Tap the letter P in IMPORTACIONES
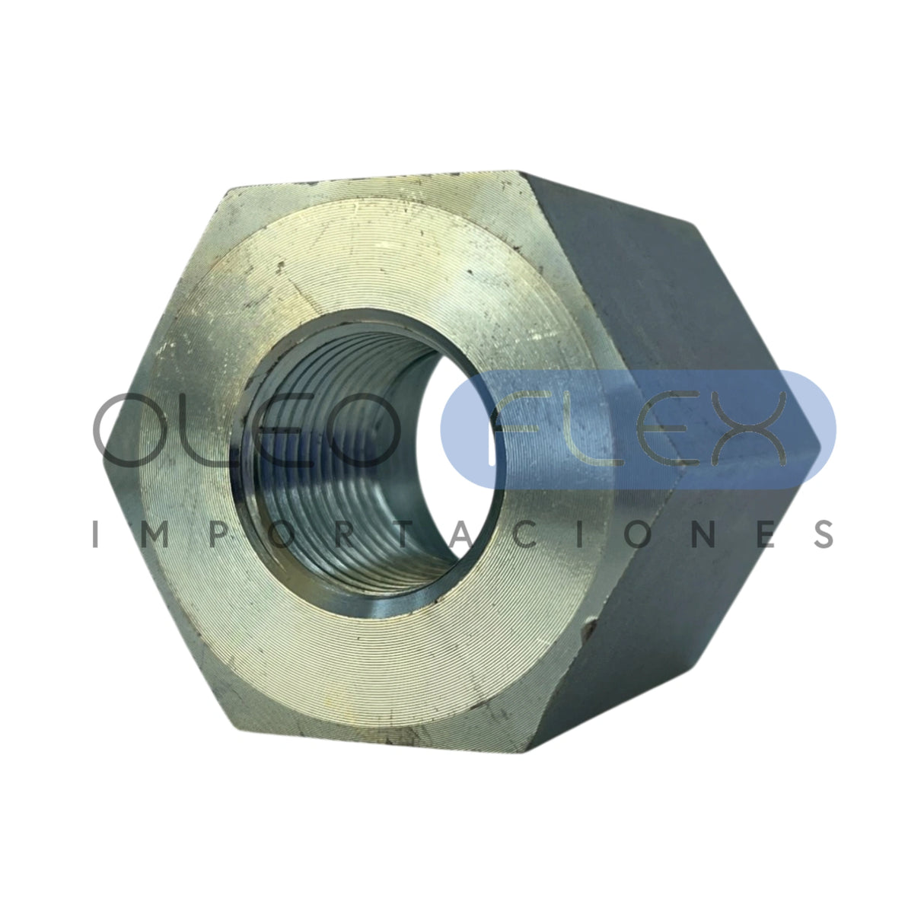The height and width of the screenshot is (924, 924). (x=218, y=534)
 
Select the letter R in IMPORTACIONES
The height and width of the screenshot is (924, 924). (x=343, y=534)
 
